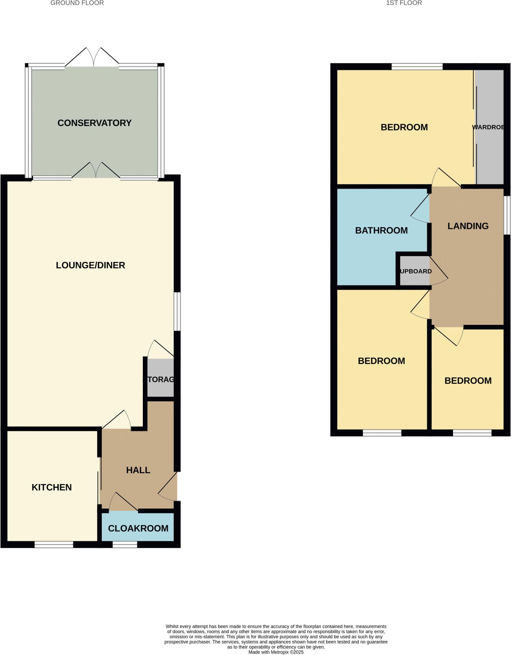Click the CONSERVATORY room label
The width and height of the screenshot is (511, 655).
[94, 123]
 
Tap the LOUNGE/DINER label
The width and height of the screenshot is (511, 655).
[90, 265]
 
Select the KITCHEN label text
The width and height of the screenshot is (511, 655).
[52, 487]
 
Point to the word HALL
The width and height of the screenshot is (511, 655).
[138, 470]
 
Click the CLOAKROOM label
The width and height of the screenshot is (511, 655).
[138, 528]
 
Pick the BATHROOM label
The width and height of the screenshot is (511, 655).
[381, 230]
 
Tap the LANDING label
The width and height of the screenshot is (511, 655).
[468, 226]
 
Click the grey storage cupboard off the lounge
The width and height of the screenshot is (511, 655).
[160, 379]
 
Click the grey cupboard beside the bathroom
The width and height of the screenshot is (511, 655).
[415, 271]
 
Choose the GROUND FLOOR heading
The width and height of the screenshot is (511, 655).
[77, 3]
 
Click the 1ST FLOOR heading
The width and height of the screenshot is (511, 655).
[404, 3]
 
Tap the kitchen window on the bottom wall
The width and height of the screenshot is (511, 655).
[54, 544]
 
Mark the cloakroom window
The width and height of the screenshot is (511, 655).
[125, 544]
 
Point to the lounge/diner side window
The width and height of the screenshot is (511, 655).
[177, 311]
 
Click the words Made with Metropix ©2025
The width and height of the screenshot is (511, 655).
[276, 652]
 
